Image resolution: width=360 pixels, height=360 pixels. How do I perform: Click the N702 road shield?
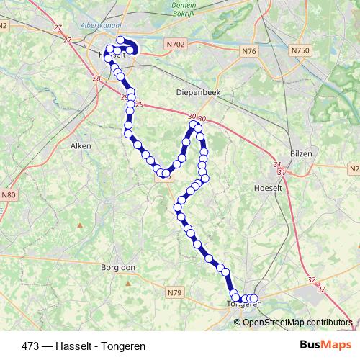(x=176, y=44)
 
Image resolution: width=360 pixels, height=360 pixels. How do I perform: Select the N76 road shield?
(x=249, y=51)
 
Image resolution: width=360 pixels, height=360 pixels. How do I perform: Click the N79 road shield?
(x=174, y=292)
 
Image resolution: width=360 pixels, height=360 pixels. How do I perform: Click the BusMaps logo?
(x=326, y=345)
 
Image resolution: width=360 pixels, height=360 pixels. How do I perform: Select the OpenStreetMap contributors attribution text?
(x=297, y=322)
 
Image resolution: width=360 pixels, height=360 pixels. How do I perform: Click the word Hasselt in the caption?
(x=66, y=345)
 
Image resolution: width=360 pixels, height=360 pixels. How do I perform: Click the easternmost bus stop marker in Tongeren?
(x=253, y=298)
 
